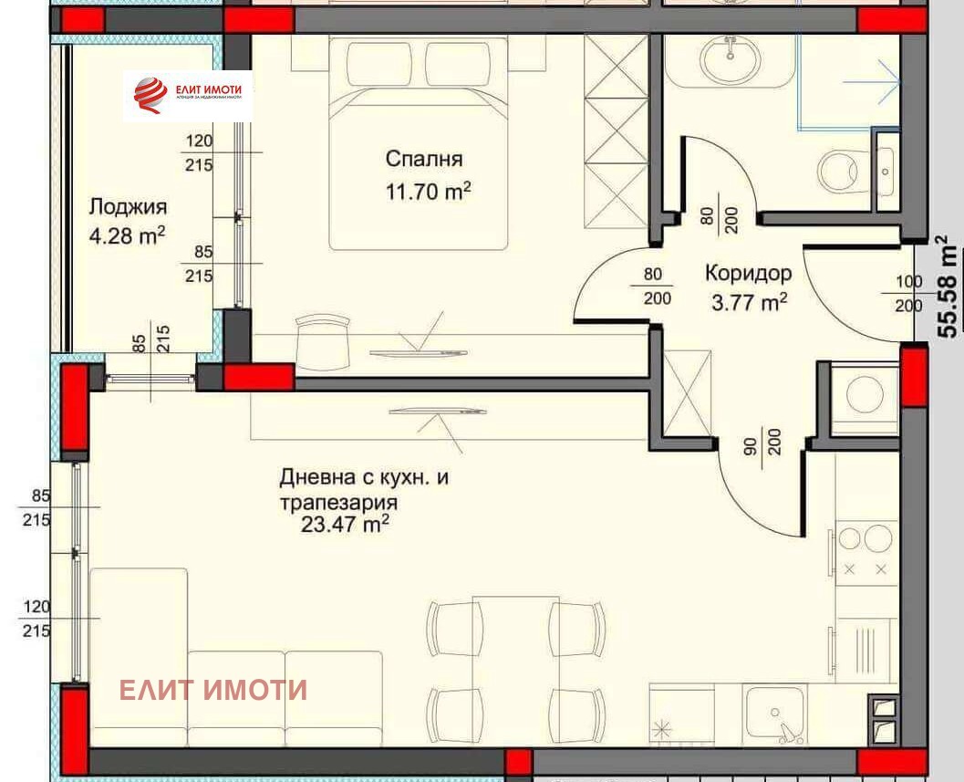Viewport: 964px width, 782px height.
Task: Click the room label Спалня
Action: pyautogui.click(x=424, y=159)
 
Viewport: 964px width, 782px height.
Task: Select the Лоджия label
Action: pyautogui.click(x=128, y=206)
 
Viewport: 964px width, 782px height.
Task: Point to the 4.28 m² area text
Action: pyautogui.click(x=127, y=235)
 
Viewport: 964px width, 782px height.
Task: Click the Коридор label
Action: pyautogui.click(x=748, y=273)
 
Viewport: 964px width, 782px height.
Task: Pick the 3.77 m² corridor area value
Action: pyautogui.click(x=749, y=302)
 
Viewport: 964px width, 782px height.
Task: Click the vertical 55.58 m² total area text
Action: pyautogui.click(x=949, y=287)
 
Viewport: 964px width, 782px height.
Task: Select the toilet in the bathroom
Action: pyautogui.click(x=838, y=170)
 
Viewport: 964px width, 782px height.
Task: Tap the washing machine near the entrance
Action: pyautogui.click(x=864, y=395)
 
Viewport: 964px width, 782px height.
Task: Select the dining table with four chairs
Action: pyautogui.click(x=515, y=665)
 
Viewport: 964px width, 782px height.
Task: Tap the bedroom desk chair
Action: pyautogui.click(x=323, y=339)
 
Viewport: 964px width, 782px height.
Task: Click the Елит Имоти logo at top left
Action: pyautogui.click(x=188, y=96)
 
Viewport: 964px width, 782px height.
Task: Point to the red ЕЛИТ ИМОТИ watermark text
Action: pyautogui.click(x=213, y=690)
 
